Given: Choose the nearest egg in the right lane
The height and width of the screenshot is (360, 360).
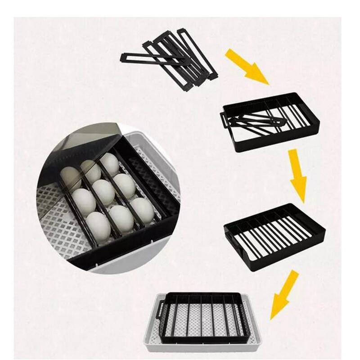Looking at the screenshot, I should tap(143, 209).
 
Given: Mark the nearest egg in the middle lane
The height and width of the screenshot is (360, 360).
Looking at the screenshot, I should tap(121, 218).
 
